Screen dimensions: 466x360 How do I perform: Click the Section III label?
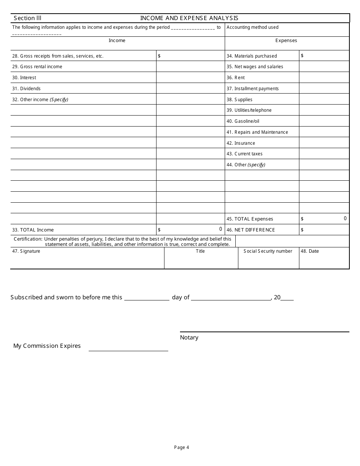tap(27, 18)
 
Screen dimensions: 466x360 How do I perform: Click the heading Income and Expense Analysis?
tap(189, 18)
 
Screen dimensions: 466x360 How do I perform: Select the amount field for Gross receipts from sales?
tap(190, 56)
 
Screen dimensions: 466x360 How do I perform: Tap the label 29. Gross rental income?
tap(37, 67)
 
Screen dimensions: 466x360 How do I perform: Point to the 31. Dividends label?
tap(26, 89)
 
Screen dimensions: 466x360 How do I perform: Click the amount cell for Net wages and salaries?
tap(324, 67)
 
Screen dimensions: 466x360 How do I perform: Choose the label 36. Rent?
tap(235, 78)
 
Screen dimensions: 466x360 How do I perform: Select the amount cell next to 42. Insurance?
tap(324, 143)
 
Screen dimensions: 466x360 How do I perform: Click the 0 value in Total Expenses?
tap(345, 219)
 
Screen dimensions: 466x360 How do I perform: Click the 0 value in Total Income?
tap(221, 229)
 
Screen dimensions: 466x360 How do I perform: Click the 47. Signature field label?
tap(26, 251)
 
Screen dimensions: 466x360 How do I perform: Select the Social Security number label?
tap(268, 251)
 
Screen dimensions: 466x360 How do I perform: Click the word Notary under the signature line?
tap(189, 338)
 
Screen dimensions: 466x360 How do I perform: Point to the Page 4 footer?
tap(182, 447)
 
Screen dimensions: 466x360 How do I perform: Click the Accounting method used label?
tap(252, 27)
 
